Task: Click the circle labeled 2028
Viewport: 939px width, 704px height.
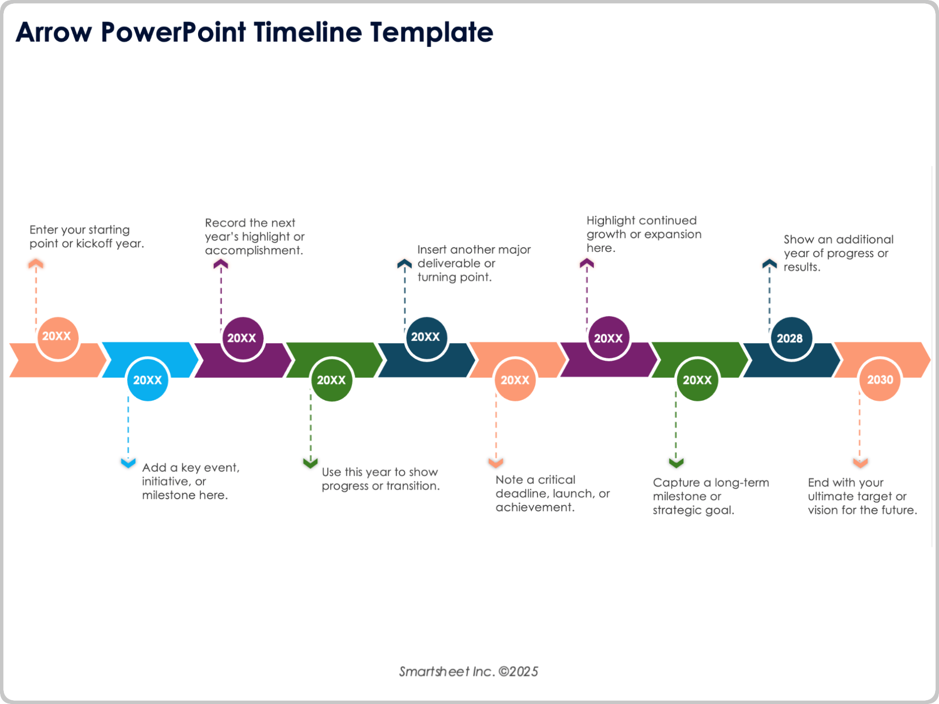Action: click(x=790, y=338)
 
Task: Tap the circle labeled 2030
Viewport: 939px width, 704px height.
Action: click(x=879, y=380)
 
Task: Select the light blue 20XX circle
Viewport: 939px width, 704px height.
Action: click(x=147, y=380)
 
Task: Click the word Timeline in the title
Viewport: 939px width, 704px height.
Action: click(x=308, y=32)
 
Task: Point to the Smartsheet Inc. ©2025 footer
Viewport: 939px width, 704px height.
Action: click(x=468, y=671)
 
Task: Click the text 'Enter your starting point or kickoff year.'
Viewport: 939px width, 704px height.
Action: click(x=86, y=237)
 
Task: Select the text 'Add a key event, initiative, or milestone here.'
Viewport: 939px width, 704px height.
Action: click(x=190, y=481)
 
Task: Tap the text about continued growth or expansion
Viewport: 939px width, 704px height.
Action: click(x=643, y=234)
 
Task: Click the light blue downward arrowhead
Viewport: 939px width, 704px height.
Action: click(x=128, y=462)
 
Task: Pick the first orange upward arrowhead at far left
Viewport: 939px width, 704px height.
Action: click(x=36, y=264)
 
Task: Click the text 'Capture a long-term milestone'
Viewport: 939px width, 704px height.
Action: click(x=710, y=496)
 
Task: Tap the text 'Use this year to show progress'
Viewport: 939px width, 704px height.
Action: click(x=380, y=479)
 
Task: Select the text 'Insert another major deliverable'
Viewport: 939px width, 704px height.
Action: click(x=473, y=263)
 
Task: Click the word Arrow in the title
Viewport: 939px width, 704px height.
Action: click(x=54, y=32)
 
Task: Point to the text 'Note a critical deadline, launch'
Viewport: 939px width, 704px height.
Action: click(x=552, y=493)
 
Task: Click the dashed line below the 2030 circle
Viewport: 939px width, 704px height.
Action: click(x=859, y=425)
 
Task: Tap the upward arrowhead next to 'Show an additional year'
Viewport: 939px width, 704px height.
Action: click(x=769, y=264)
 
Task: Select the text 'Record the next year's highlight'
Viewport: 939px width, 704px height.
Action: click(x=254, y=237)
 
